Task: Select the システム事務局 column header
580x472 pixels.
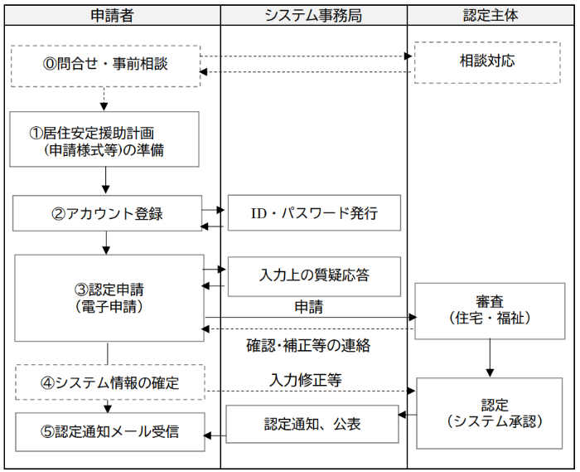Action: pyautogui.click(x=313, y=15)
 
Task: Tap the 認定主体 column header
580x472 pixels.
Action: pyautogui.click(x=491, y=15)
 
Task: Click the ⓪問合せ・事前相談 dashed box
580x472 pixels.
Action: pyautogui.click(x=105, y=65)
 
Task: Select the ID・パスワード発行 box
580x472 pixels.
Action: pyautogui.click(x=314, y=214)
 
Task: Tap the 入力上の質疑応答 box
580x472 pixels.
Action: pyautogui.click(x=314, y=275)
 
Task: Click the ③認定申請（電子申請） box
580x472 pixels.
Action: pyautogui.click(x=109, y=298)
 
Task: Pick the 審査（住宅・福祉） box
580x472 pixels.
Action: pyautogui.click(x=492, y=309)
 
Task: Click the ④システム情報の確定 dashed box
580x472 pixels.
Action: pyautogui.click(x=109, y=383)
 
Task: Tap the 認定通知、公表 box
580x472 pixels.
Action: pyautogui.click(x=312, y=425)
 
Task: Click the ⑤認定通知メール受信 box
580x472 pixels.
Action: pyautogui.click(x=109, y=431)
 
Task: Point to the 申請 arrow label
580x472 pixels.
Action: pyautogui.click(x=309, y=308)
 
